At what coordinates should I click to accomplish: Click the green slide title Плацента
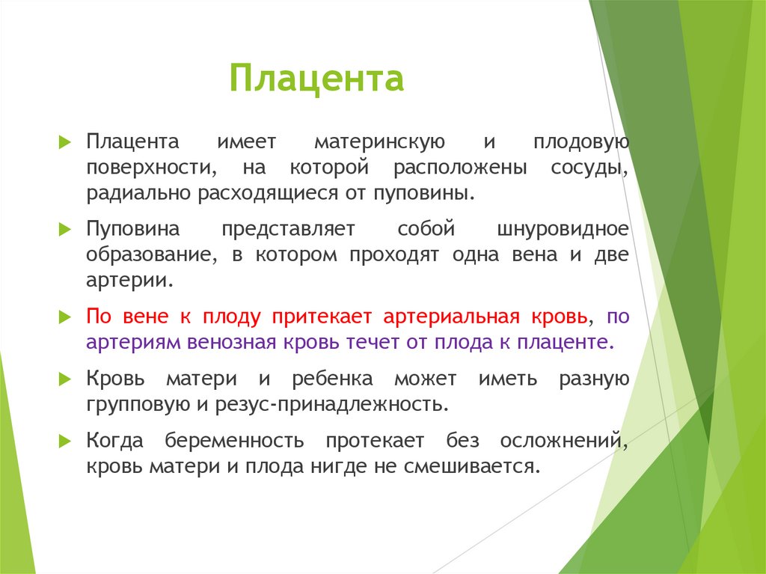click(316, 79)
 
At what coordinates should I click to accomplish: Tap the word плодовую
click(580, 142)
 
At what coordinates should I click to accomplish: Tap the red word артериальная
click(451, 317)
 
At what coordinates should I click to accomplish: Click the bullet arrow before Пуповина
click(66, 229)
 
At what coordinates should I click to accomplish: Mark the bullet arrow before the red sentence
click(66, 317)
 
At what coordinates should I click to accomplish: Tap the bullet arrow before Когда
click(66, 441)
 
